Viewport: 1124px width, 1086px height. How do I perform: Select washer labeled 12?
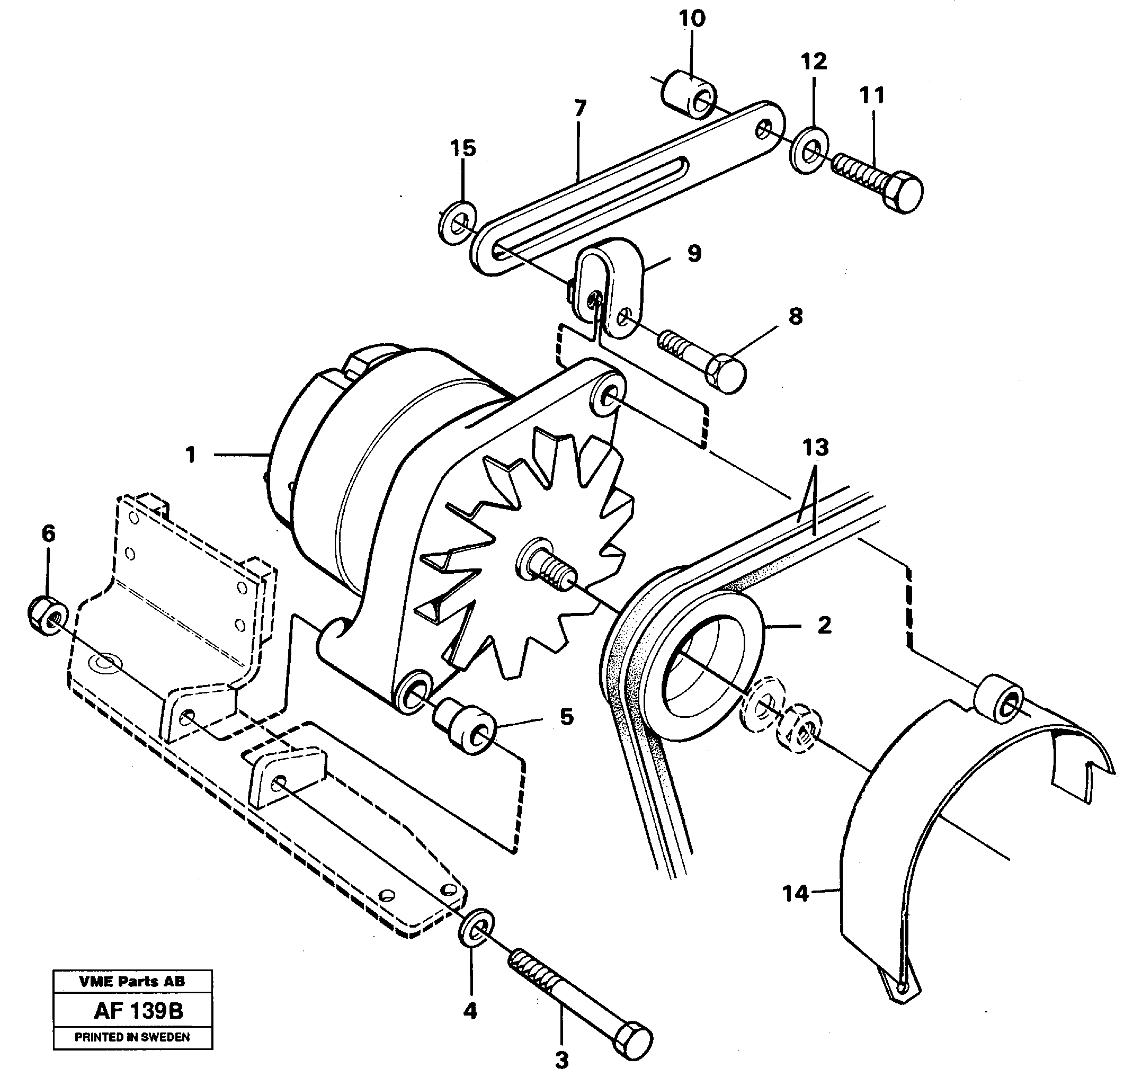pyautogui.click(x=809, y=152)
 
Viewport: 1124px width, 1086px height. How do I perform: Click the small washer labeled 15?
pyautogui.click(x=457, y=223)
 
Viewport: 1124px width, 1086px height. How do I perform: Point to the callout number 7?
pyautogui.click(x=580, y=108)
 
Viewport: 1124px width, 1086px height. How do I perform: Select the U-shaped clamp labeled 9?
pyautogui.click(x=609, y=287)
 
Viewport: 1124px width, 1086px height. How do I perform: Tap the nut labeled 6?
pyautogui.click(x=47, y=615)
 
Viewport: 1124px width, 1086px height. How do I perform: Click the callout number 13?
pyautogui.click(x=816, y=448)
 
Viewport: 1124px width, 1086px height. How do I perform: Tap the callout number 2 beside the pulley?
pyautogui.click(x=824, y=625)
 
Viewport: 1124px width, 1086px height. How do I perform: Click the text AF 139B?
pyautogui.click(x=138, y=1011)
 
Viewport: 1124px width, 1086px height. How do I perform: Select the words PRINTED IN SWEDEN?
pyautogui.click(x=132, y=1037)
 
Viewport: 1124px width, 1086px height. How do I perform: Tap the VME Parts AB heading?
pyautogui.click(x=132, y=982)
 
